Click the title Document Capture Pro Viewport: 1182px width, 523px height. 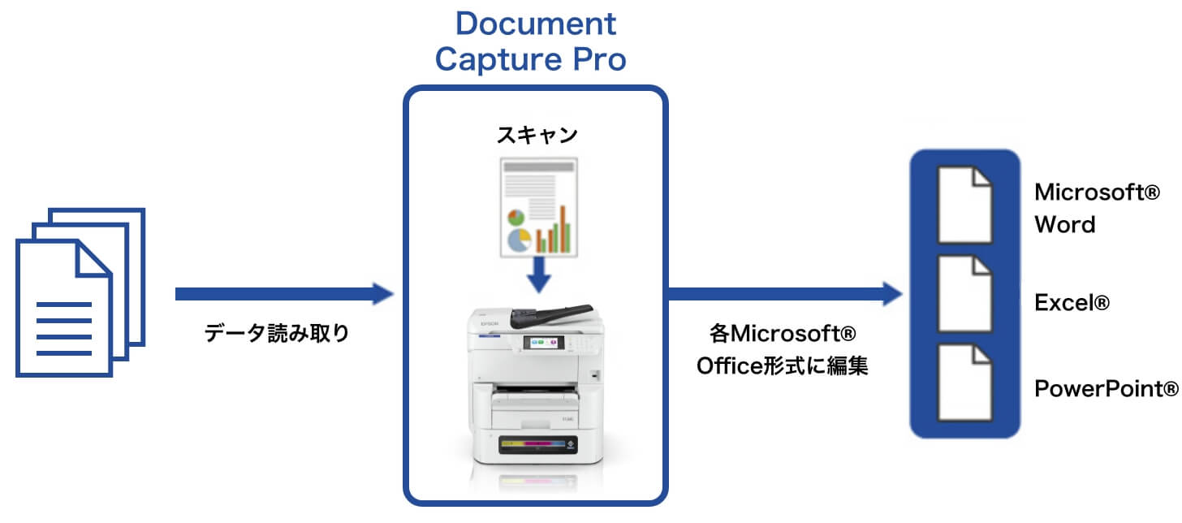pos(535,41)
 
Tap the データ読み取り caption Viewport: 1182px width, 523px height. pos(277,332)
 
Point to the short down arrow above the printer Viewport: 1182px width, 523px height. pos(537,275)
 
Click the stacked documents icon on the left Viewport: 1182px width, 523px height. pos(80,292)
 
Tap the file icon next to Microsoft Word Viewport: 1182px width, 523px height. pos(964,205)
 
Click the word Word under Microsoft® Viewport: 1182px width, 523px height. pos(1064,224)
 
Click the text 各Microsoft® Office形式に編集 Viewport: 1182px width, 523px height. pos(783,349)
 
